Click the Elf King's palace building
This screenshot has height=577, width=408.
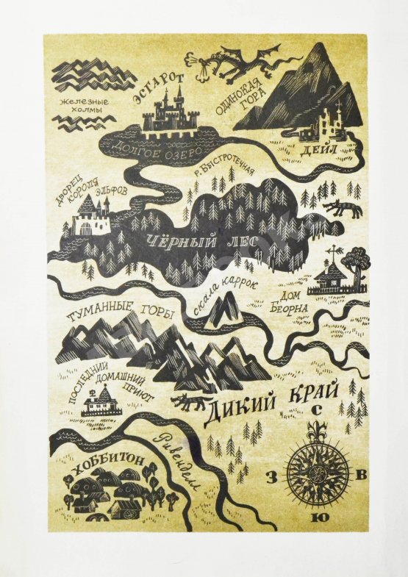point(90,217)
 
